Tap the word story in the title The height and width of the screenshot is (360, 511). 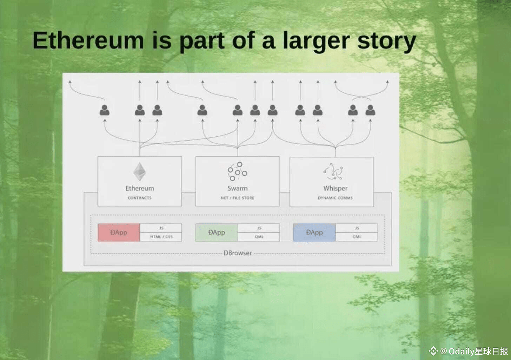click(386, 41)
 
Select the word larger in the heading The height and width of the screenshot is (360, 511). click(316, 41)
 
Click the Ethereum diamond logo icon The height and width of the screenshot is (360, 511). click(140, 171)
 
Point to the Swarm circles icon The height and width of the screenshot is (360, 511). click(237, 171)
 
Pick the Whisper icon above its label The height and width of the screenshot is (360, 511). click(334, 171)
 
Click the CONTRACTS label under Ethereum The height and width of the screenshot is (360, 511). click(140, 198)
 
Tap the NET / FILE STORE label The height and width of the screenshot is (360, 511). click(237, 198)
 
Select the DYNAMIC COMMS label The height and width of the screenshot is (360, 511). click(335, 198)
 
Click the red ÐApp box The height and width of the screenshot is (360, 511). click(119, 232)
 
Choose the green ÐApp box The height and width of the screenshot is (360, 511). click(216, 232)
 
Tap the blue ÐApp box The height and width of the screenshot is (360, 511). click(314, 232)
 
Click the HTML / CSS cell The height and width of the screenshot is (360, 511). click(161, 237)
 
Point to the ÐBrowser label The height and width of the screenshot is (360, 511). click(238, 253)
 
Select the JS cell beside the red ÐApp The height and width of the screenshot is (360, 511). click(161, 228)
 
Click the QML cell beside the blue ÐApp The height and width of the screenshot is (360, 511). click(357, 237)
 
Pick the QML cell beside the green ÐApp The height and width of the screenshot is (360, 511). click(259, 237)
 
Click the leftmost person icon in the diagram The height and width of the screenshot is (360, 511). click(105, 110)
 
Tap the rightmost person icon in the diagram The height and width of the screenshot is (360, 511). click(370, 110)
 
